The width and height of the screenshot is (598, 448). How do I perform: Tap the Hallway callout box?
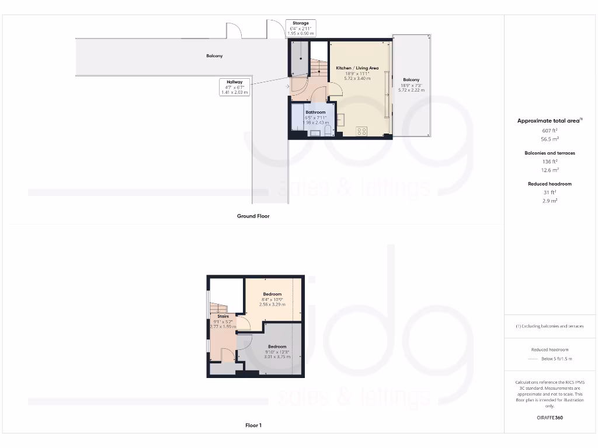[x=235, y=87]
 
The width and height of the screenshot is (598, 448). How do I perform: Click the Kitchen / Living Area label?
[x=357, y=68]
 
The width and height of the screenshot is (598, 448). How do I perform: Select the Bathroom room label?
[x=315, y=112]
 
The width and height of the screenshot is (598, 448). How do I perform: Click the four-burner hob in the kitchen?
[x=361, y=131]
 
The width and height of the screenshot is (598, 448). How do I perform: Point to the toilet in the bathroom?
[x=328, y=129]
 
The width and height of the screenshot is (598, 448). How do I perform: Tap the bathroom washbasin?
[x=315, y=133]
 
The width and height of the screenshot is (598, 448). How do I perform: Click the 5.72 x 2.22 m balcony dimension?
[x=411, y=90]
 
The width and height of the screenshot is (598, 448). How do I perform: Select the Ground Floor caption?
[x=253, y=216]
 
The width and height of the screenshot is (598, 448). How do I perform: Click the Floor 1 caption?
[x=253, y=425]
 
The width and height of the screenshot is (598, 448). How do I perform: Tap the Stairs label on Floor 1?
[x=222, y=316]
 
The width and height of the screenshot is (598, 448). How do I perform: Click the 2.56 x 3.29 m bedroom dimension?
[x=272, y=304]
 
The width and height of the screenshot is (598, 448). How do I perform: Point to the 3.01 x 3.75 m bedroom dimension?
[x=277, y=357]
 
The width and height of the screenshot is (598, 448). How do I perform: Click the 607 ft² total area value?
[x=550, y=130]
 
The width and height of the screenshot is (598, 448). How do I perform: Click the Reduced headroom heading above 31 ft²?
[x=550, y=184]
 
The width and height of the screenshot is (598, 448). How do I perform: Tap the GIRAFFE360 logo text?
[x=550, y=418]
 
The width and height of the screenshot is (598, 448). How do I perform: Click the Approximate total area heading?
[x=549, y=121]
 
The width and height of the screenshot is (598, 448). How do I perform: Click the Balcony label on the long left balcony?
[x=214, y=56]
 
